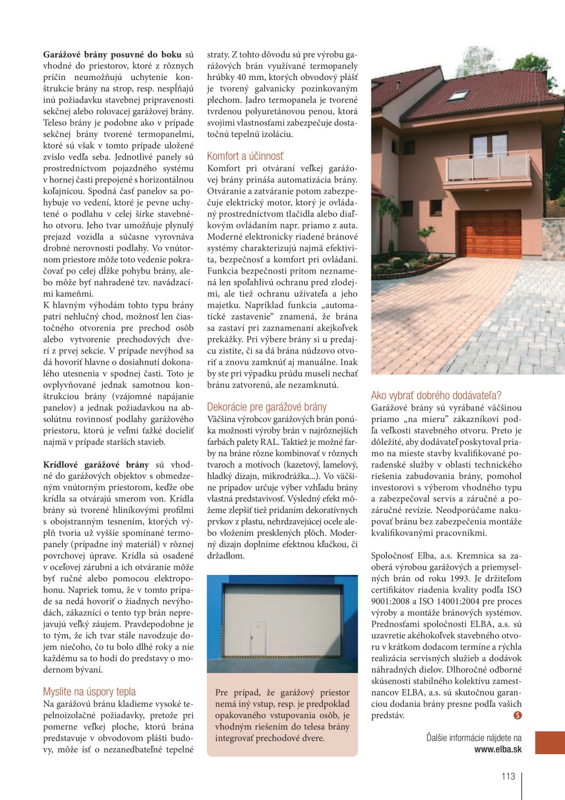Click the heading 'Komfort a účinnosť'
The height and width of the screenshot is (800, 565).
pyautogui.click(x=245, y=156)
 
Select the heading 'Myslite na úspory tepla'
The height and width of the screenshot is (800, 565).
pyautogui.click(x=89, y=692)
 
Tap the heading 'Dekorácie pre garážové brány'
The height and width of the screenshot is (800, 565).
pyautogui.click(x=267, y=407)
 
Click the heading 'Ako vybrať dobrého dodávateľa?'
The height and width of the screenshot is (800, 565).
pyautogui.click(x=436, y=395)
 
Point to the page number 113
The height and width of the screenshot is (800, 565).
pyautogui.click(x=508, y=776)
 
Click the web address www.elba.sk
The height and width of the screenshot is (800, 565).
pyautogui.click(x=498, y=749)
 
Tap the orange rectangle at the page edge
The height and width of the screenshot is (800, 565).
pyautogui.click(x=550, y=742)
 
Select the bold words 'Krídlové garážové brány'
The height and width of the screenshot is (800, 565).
pyautogui.click(x=96, y=465)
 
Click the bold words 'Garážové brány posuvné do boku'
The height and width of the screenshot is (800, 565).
pyautogui.click(x=112, y=54)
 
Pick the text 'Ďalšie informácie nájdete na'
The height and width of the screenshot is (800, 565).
pyautogui.click(x=474, y=738)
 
